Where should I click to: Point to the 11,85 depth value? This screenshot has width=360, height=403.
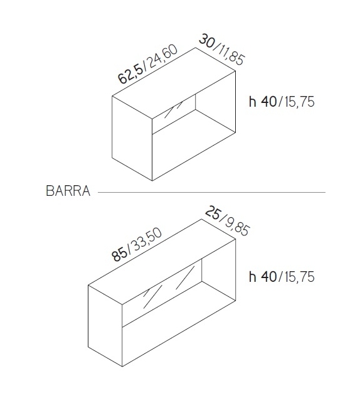point(229,53)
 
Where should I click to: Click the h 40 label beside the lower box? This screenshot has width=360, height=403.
point(263,277)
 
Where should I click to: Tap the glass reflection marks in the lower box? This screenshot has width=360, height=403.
point(165,291)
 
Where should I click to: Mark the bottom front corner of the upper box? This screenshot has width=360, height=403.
point(153,180)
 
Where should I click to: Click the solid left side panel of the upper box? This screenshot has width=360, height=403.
point(132,138)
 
